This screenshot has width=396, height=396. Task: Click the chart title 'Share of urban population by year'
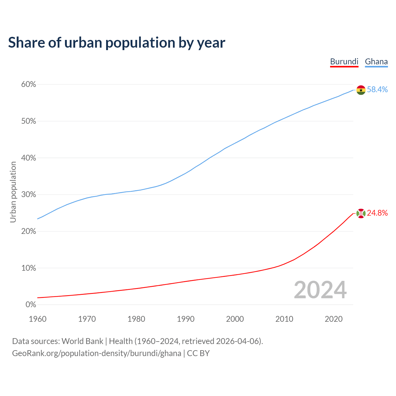click(x=117, y=42)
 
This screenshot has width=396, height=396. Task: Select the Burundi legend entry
click(x=344, y=62)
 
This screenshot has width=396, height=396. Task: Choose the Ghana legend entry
click(x=376, y=62)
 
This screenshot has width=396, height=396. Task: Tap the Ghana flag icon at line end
click(x=361, y=90)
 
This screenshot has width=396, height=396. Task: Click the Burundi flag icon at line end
click(x=361, y=213)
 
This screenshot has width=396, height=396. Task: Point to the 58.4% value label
click(x=377, y=89)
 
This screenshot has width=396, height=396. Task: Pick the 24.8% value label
click(x=377, y=213)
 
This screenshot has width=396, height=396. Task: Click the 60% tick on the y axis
click(x=28, y=84)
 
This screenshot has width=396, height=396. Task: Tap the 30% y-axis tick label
click(x=28, y=195)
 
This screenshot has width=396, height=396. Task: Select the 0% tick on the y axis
click(x=31, y=305)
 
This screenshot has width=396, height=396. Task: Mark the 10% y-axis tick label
click(x=28, y=268)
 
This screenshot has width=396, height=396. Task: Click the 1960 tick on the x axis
click(x=37, y=319)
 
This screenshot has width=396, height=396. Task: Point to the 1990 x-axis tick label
click(x=186, y=319)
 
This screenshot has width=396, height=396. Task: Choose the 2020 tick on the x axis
click(x=334, y=319)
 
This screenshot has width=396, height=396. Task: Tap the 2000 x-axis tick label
click(x=235, y=319)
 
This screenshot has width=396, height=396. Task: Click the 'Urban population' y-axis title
click(x=13, y=192)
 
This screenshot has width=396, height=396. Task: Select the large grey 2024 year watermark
click(x=320, y=290)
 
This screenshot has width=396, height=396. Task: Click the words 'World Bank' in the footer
click(x=82, y=341)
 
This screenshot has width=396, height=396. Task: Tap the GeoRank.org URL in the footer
click(x=97, y=353)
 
